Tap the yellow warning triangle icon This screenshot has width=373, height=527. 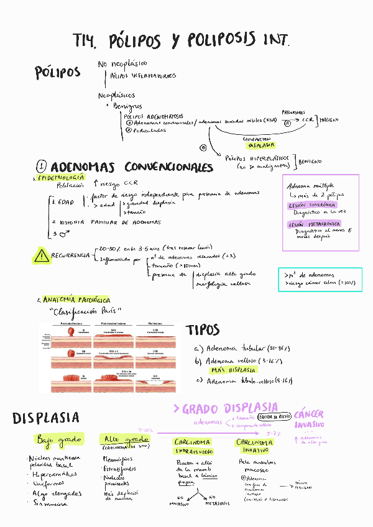[42, 254]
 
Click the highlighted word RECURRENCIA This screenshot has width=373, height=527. [69, 255]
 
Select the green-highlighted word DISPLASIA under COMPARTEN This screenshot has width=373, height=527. [260, 145]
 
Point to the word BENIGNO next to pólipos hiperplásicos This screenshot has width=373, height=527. [310, 162]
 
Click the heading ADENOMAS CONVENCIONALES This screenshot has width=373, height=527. [131, 167]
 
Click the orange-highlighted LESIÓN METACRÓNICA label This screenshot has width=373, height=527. [315, 224]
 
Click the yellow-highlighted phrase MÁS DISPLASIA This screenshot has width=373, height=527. [234, 370]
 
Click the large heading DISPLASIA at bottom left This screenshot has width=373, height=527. [45, 417]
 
